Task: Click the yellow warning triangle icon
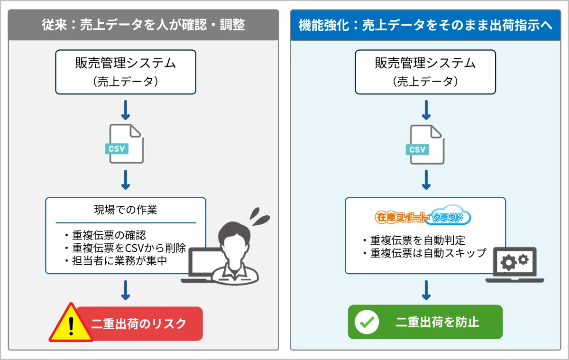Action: point(71,323)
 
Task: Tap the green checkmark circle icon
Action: point(367,322)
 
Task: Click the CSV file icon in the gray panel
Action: point(125,144)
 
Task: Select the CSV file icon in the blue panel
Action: point(425,144)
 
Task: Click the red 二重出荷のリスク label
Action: point(139,323)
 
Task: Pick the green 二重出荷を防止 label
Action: point(437,322)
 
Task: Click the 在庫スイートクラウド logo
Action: point(423,218)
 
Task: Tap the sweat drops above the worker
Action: point(259,216)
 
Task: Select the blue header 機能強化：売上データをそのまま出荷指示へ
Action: point(425,25)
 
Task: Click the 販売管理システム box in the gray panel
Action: point(126,72)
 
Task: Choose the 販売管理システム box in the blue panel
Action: point(425,72)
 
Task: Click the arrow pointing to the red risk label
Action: point(126,290)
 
